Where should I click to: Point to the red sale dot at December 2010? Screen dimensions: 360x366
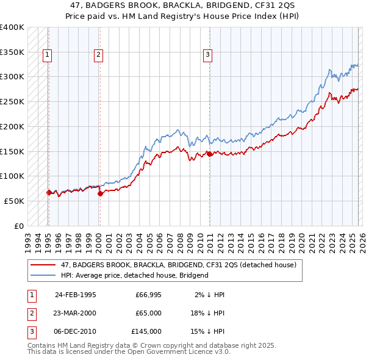[209, 154]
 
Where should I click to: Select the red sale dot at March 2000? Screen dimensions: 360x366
[100, 193]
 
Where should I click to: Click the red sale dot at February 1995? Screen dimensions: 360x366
[49, 192]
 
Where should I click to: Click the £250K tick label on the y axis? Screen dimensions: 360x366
[12, 102]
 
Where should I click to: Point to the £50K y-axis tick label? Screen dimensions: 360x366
[14, 201]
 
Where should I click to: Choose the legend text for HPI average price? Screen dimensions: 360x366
[135, 275]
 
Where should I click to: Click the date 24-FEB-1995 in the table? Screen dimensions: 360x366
[75, 295]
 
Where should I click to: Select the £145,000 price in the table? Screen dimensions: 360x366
[146, 331]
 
